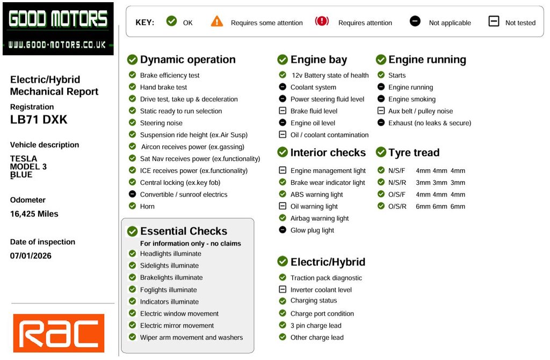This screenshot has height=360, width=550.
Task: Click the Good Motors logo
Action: click(58, 28)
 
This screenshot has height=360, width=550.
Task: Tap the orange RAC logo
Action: click(59, 333)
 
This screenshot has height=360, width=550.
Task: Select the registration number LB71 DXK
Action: click(39, 119)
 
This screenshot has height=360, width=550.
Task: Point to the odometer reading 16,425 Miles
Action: click(34, 213)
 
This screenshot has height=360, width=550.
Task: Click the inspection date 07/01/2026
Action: click(31, 255)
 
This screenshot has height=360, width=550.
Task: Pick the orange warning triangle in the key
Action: click(216, 21)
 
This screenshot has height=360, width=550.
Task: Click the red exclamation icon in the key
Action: click(322, 21)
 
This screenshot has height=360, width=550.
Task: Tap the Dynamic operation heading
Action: click(187, 60)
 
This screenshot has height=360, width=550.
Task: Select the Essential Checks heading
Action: click(183, 231)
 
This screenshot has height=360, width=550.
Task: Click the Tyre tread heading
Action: click(414, 153)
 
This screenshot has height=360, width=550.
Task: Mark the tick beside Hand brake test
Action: click(132, 87)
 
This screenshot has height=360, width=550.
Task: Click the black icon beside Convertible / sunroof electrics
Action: click(132, 194)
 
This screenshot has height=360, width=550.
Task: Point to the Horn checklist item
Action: click(147, 206)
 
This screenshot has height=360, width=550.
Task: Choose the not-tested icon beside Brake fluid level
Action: click(283, 111)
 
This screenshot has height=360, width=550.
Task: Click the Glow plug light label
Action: click(312, 230)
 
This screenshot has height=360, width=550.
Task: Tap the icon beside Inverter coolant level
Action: click(283, 289)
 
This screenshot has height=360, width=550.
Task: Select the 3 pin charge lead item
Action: click(316, 325)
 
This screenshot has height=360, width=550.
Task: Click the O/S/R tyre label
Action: click(397, 206)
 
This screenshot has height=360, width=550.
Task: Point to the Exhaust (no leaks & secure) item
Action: click(430, 123)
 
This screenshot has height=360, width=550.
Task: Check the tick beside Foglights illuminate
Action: click(132, 290)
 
